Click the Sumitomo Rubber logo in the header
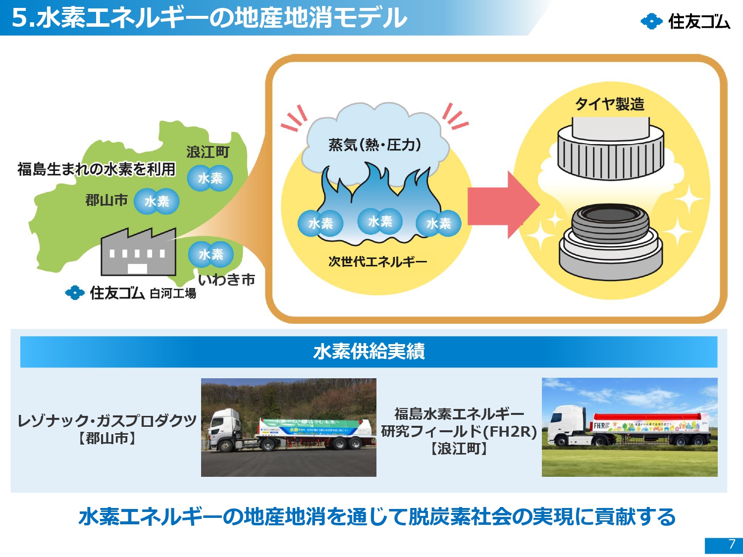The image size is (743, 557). tap(685, 21)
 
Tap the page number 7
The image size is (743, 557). tap(732, 544)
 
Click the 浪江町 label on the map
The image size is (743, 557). tap(208, 152)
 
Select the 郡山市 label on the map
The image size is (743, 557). tap(106, 200)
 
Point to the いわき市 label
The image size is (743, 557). tap(226, 280)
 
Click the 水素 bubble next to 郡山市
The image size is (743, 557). tap(157, 201)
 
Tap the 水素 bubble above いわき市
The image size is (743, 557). tap(211, 254)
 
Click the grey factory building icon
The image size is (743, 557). tap(138, 253)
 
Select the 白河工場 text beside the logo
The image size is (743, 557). tap(173, 294)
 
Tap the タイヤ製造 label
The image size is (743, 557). tap(609, 104)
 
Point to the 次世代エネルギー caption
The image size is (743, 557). tap(377, 261)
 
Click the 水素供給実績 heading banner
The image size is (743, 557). tap(369, 352)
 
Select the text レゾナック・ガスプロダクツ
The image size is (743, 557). tap(107, 420)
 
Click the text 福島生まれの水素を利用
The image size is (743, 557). tap(97, 169)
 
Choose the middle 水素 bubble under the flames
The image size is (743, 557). tap(380, 221)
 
